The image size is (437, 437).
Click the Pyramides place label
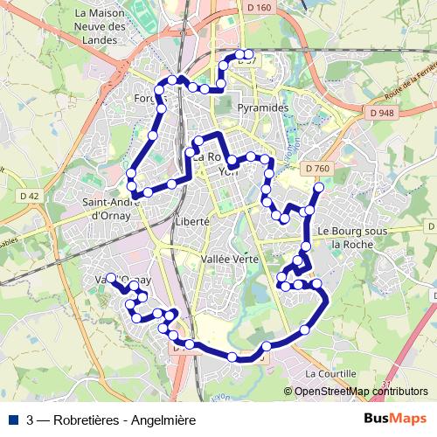point(263,108)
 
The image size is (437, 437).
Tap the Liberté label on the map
point(192,222)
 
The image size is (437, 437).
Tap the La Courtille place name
point(329,373)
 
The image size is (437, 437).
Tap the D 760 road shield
point(319,168)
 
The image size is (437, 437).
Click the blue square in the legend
point(14,420)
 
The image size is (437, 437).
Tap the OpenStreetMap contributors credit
point(361,392)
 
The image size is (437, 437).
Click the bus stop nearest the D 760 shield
point(318,188)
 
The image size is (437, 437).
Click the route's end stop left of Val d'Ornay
point(111,278)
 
